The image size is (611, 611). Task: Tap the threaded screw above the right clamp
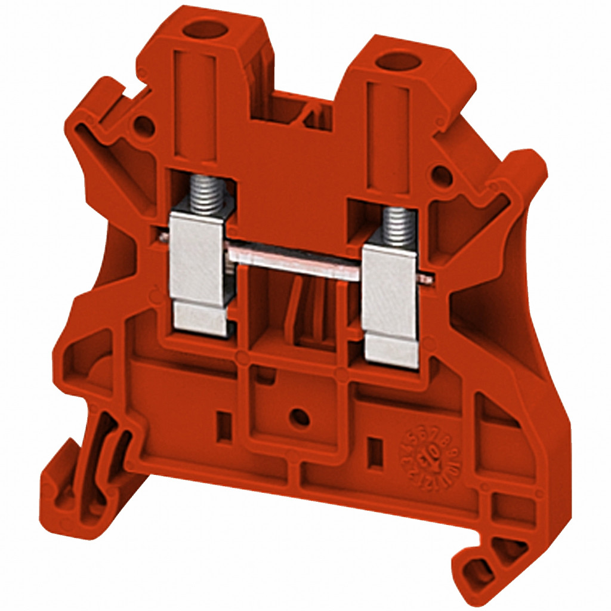(x=399, y=227)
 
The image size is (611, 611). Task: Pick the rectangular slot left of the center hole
(x=224, y=426)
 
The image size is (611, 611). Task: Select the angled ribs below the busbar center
(x=310, y=316)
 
